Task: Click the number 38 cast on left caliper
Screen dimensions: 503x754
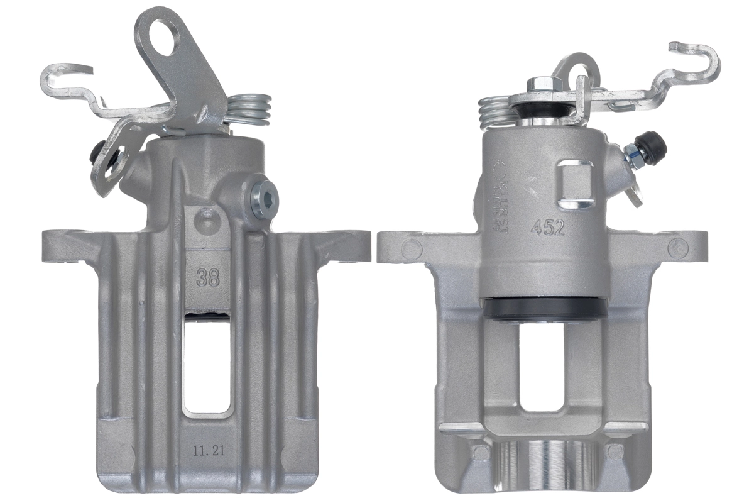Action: (207, 277)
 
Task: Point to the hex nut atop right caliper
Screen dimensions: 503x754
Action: (539, 84)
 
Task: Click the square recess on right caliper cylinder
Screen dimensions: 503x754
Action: (576, 184)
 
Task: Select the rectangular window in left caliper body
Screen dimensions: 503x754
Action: (207, 365)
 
